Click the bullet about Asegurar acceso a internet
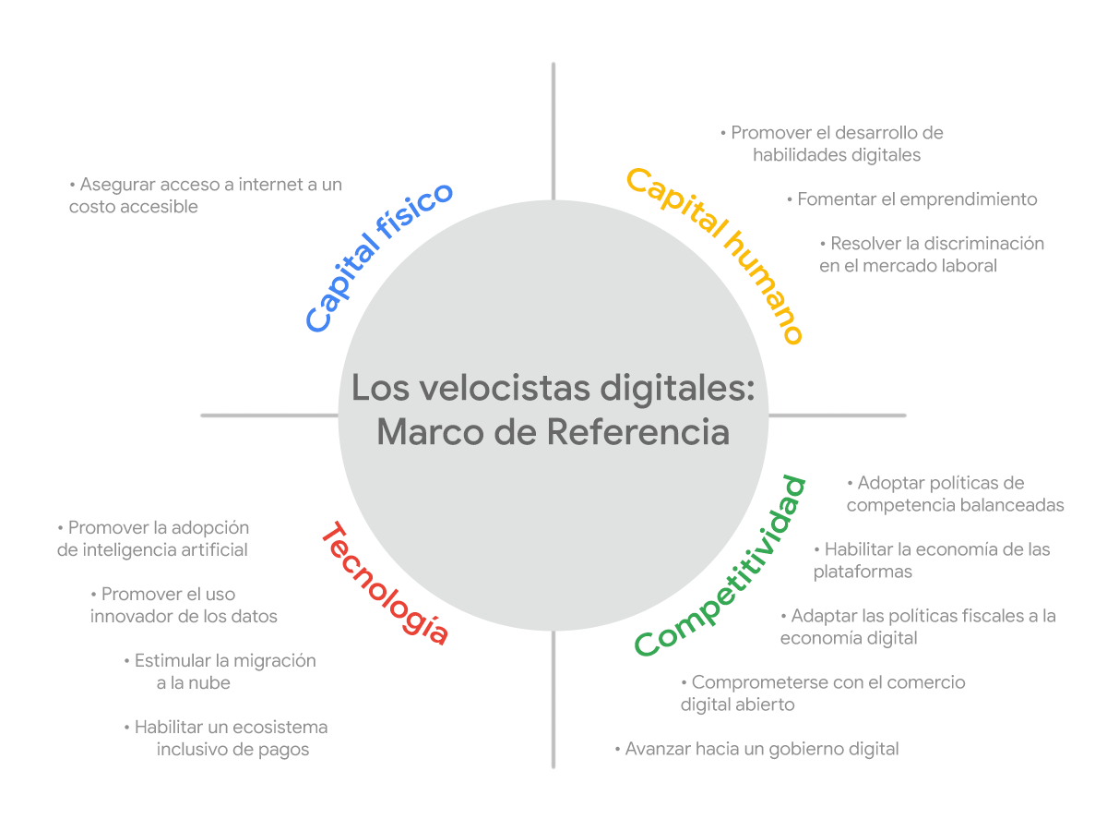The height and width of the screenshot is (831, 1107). [205, 195]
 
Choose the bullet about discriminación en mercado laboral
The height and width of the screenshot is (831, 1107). [932, 255]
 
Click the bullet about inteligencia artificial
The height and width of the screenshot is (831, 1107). [152, 539]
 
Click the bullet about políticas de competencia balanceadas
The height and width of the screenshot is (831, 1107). [955, 494]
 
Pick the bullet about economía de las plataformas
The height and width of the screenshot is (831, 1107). [932, 560]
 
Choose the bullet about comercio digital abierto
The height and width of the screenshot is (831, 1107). [823, 693]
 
